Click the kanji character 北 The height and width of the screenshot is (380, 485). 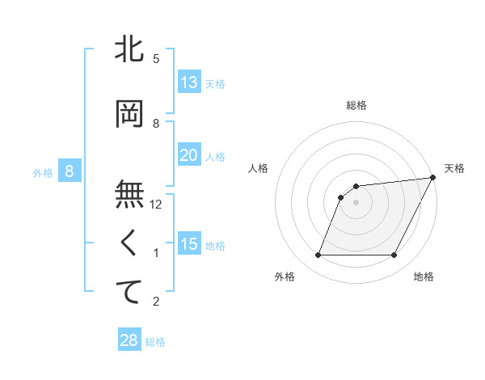[x=130, y=49]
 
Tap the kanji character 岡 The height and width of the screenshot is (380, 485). [x=130, y=114]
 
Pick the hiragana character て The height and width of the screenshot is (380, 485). [x=130, y=292]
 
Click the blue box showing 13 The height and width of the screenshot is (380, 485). [x=189, y=82]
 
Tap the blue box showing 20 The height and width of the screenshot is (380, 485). [x=189, y=155]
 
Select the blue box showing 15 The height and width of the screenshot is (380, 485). [x=189, y=244]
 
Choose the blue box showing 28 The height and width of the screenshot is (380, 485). [x=129, y=340]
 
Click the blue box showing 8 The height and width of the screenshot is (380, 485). [x=70, y=171]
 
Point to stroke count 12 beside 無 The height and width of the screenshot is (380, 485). [x=157, y=205]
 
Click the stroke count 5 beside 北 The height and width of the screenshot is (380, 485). [x=156, y=59]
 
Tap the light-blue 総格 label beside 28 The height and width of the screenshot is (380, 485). [x=155, y=342]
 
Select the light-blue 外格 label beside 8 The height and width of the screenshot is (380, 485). [x=43, y=172]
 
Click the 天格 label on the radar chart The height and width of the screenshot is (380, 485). [x=454, y=168]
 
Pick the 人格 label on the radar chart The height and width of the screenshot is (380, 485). [x=259, y=168]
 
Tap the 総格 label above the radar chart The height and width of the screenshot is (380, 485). [x=356, y=105]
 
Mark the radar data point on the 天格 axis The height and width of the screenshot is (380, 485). [x=434, y=177]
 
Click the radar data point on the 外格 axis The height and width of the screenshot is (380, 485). [x=318, y=255]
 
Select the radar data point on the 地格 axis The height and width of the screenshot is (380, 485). [x=394, y=255]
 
